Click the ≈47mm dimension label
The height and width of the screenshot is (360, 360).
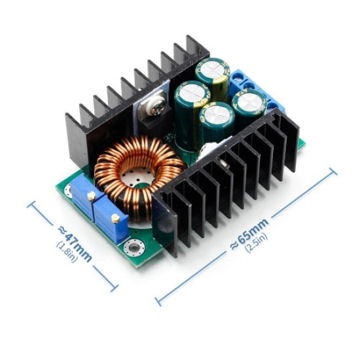[x=75, y=244]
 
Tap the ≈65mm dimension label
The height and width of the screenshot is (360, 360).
[x=249, y=234]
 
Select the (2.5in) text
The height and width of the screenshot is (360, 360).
[x=256, y=243]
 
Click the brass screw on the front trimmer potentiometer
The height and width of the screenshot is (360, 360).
[x=115, y=218]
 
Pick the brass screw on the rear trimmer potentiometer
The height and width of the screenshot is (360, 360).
[x=92, y=196]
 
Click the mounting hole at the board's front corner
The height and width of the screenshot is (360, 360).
[x=134, y=247]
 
